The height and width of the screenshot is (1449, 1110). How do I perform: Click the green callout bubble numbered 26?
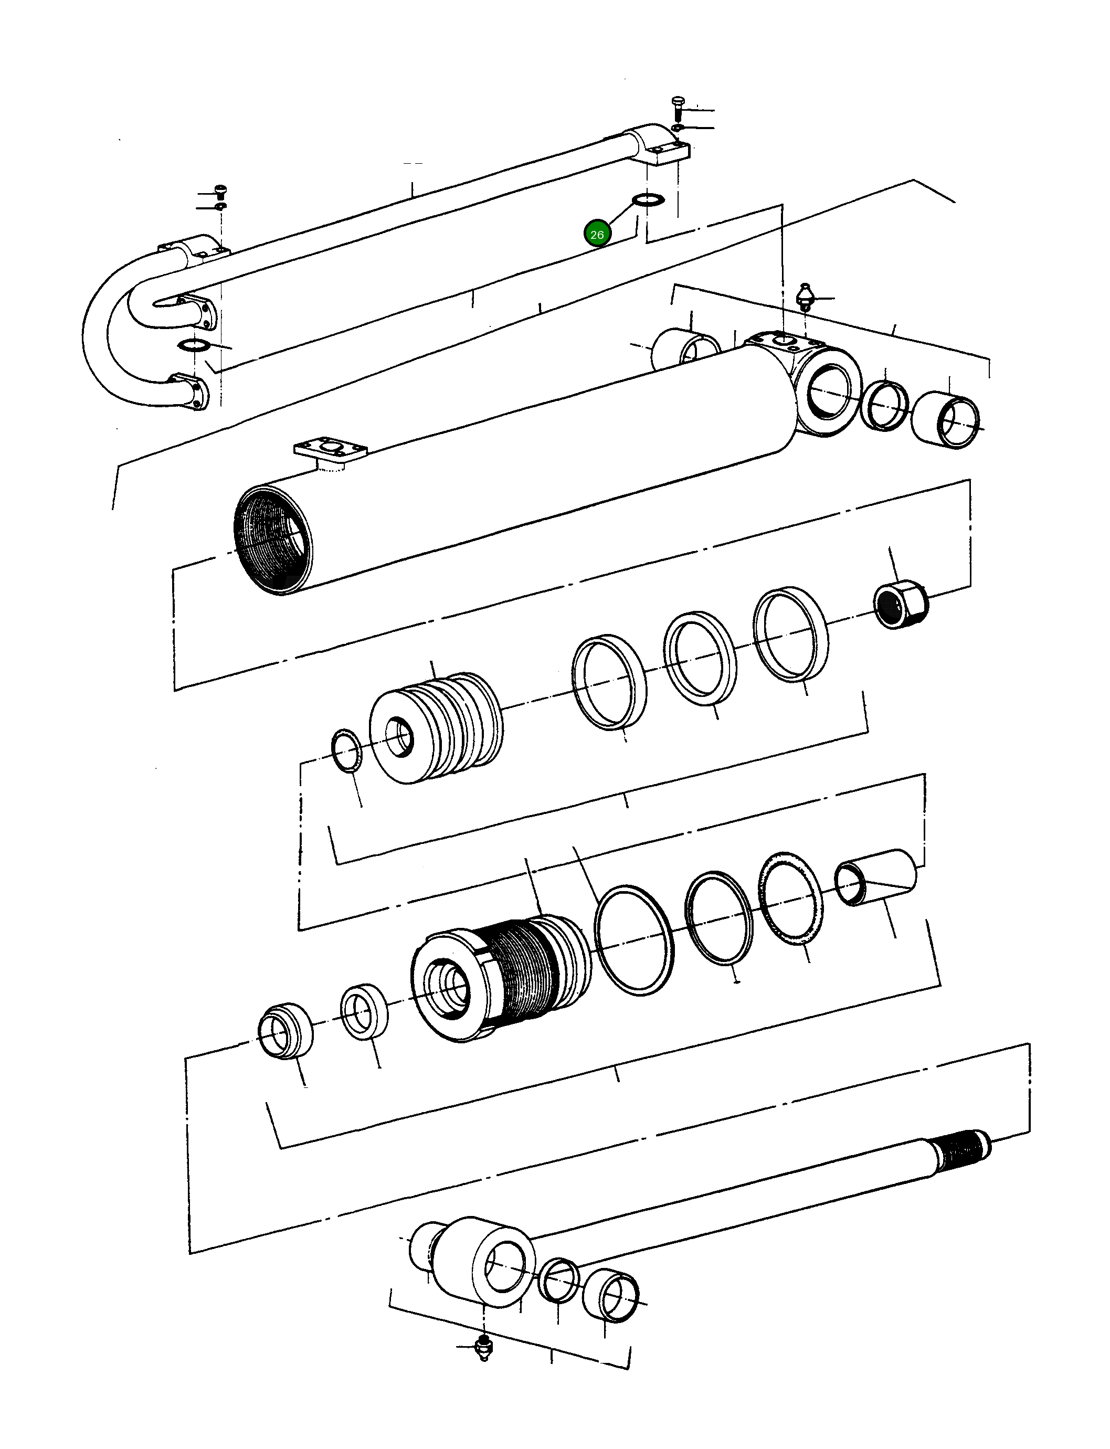point(597,234)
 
